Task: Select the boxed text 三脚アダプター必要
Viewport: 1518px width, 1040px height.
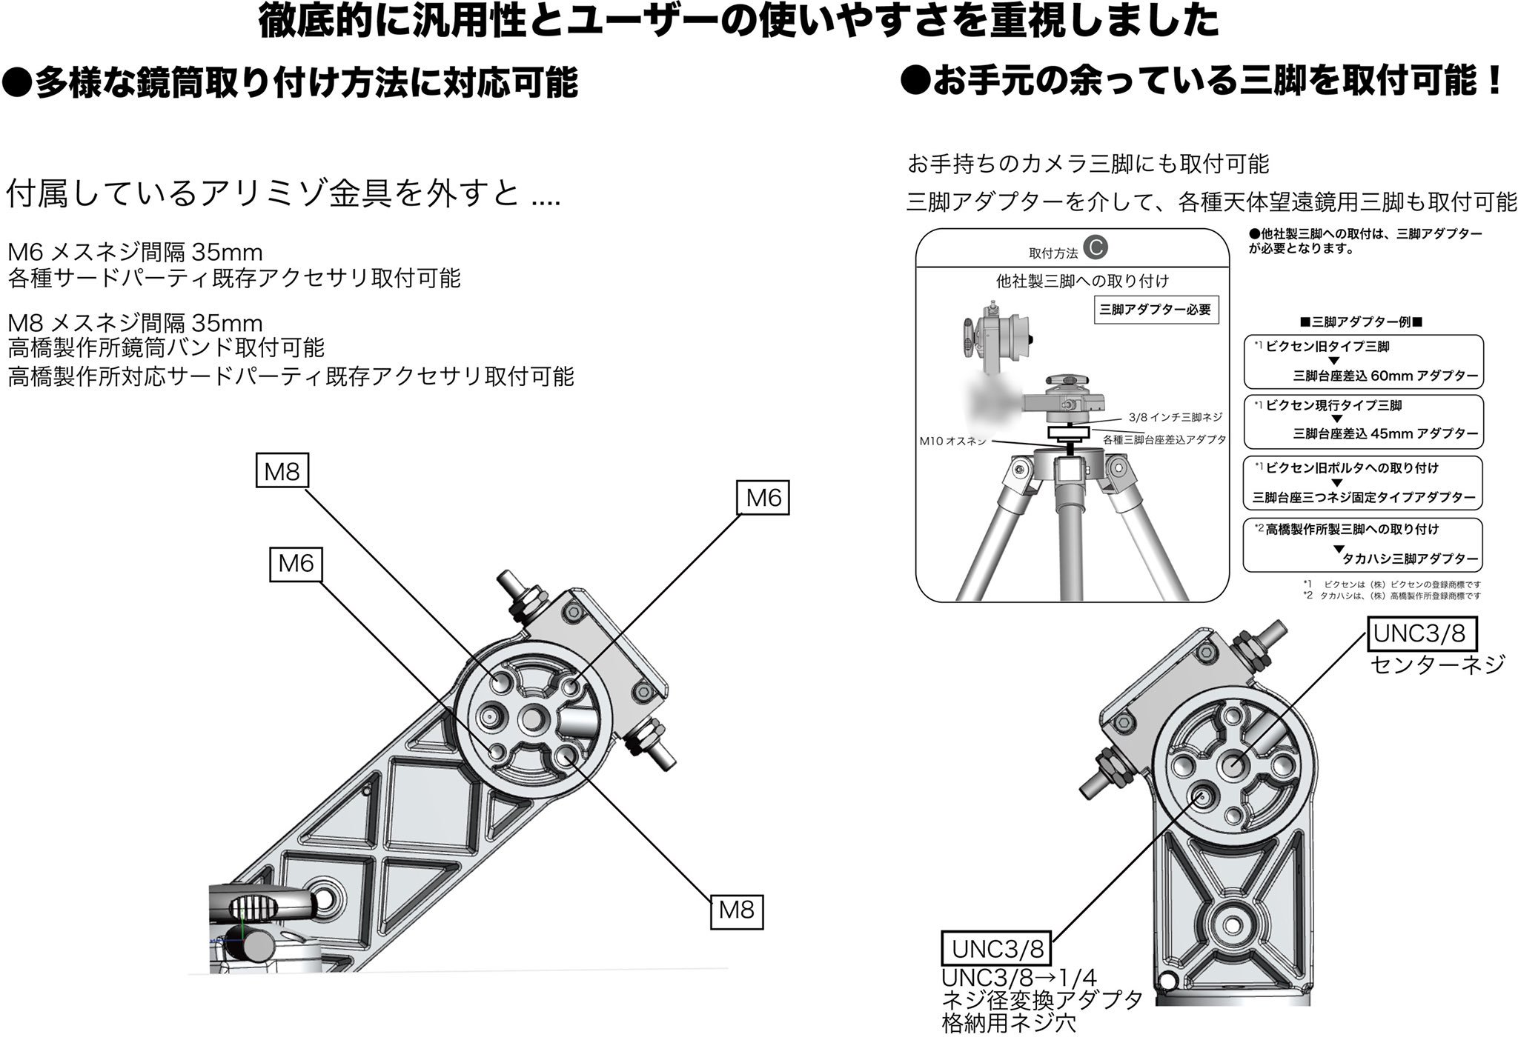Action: (x=1156, y=310)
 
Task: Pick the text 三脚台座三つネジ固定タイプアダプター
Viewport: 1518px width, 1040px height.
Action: (x=1364, y=498)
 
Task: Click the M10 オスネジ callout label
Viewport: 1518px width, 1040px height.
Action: (x=952, y=441)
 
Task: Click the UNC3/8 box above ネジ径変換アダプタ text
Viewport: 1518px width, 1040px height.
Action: (x=997, y=948)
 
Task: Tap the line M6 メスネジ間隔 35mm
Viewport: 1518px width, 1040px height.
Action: (x=135, y=253)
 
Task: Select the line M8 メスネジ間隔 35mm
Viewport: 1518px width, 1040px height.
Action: (x=135, y=323)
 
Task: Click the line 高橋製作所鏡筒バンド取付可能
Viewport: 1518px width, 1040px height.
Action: (x=166, y=347)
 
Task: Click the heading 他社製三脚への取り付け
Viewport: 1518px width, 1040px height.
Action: (x=1081, y=281)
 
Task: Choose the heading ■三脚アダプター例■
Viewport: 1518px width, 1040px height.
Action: (x=1363, y=323)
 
